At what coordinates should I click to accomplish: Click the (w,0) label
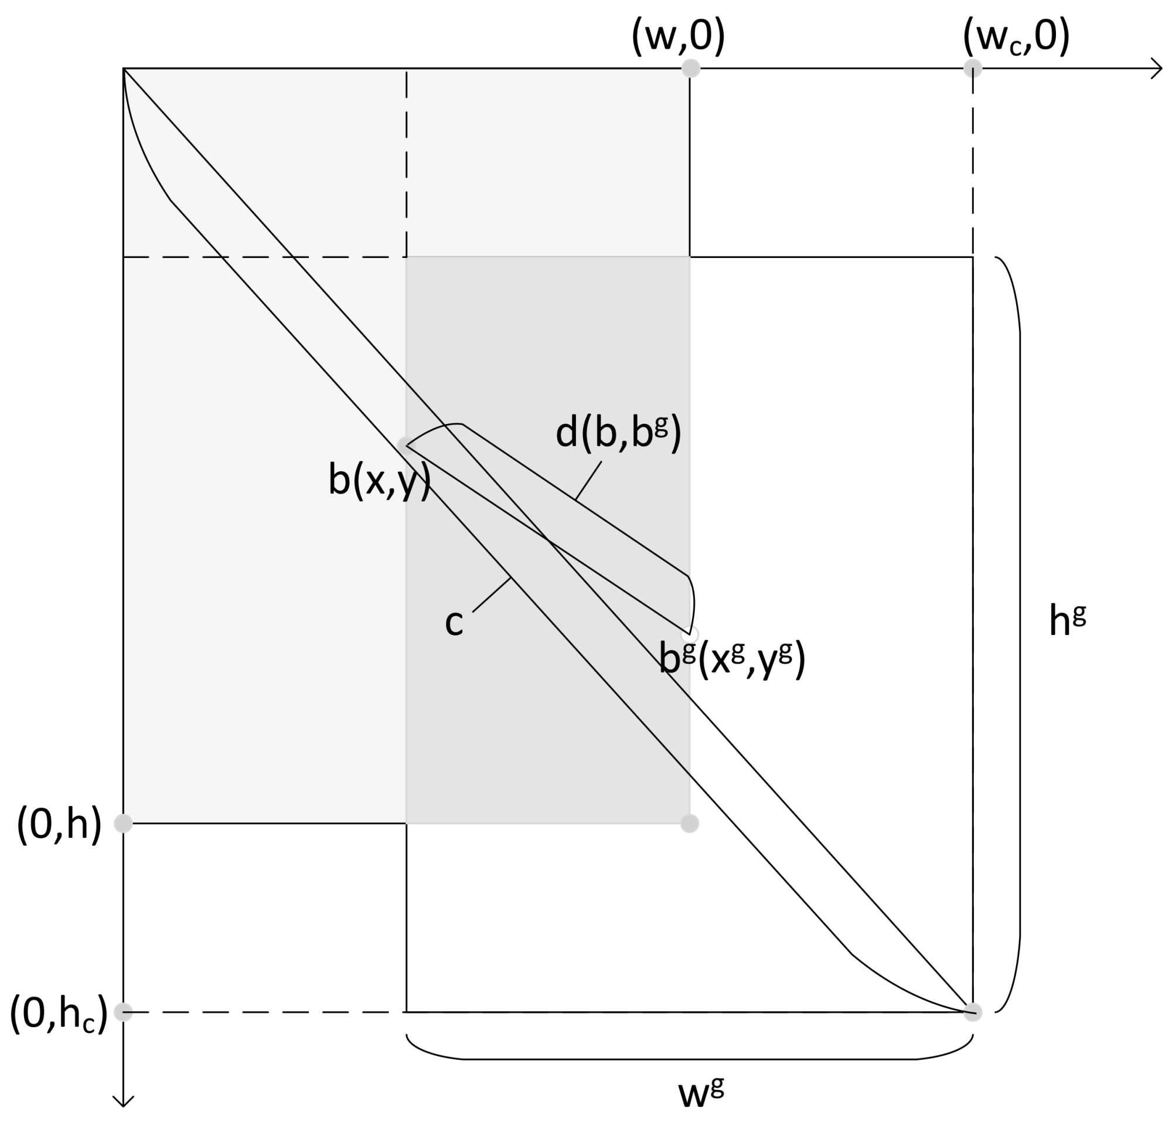pyautogui.click(x=678, y=37)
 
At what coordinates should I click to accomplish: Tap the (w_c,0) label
pyautogui.click(x=1016, y=37)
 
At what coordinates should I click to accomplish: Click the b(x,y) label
pyautogui.click(x=379, y=480)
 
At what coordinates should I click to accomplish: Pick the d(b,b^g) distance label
pyautogui.click(x=618, y=433)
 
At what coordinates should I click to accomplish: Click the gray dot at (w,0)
pyautogui.click(x=691, y=68)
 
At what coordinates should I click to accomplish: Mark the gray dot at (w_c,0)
pyautogui.click(x=973, y=68)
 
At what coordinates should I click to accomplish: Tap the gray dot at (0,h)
pyautogui.click(x=123, y=824)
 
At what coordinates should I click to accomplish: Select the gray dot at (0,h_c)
pyautogui.click(x=123, y=1012)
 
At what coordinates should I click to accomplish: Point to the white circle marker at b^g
pyautogui.click(x=691, y=633)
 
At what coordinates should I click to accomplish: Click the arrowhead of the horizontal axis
pyautogui.click(x=1157, y=68)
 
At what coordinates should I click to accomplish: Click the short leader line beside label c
pyautogui.click(x=492, y=594)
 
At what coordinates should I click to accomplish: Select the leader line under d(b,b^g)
pyautogui.click(x=588, y=480)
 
